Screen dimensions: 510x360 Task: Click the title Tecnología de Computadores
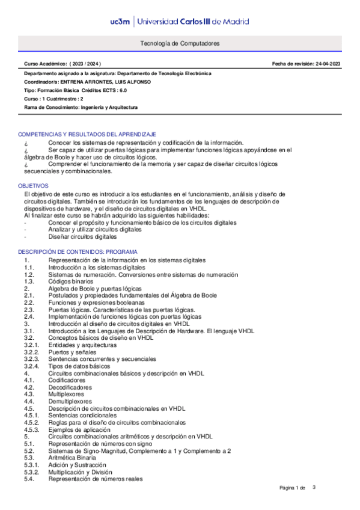pos(180,44)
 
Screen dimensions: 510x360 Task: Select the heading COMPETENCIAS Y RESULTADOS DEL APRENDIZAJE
pos(87,134)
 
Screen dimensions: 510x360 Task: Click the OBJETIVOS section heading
pos(33,186)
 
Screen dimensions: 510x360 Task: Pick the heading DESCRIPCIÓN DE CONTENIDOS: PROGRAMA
pos(78,251)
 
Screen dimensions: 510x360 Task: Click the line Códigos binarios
pos(70,281)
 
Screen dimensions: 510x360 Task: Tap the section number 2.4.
pos(29,316)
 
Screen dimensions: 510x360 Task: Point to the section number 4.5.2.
pos(31,422)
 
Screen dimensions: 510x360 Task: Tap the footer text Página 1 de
pos(293,487)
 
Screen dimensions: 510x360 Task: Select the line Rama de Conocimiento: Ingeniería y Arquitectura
pos(81,107)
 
